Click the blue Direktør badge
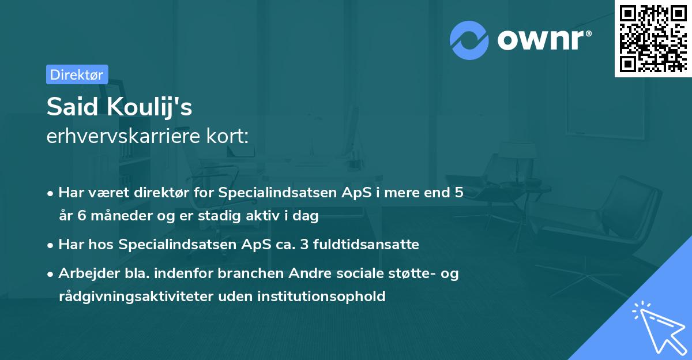pos(77,74)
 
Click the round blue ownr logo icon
pos(469,40)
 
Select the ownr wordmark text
pos(543,40)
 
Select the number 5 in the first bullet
pos(458,193)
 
